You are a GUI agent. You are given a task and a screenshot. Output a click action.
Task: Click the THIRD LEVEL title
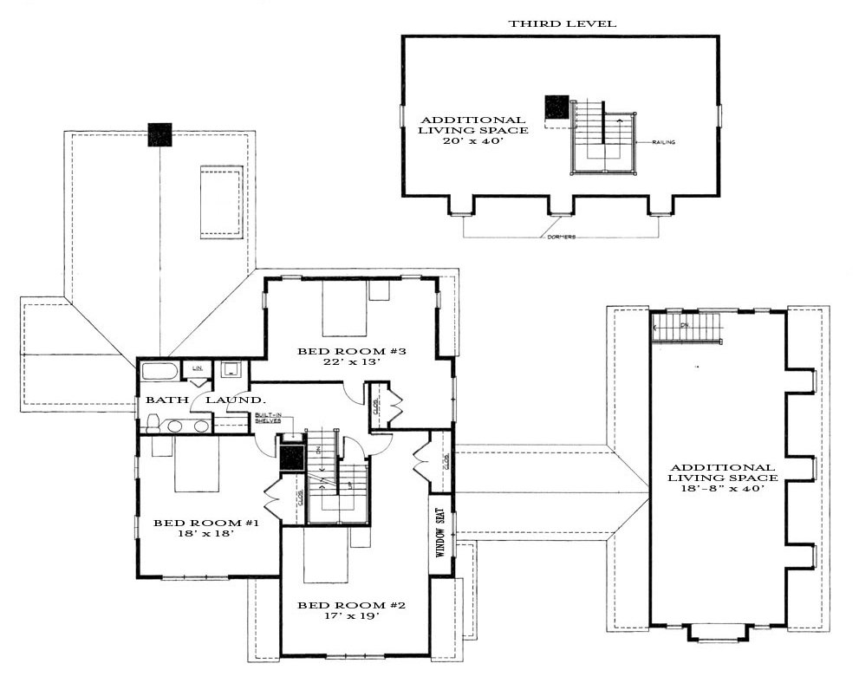point(563,23)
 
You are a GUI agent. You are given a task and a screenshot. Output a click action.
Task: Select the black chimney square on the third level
point(556,107)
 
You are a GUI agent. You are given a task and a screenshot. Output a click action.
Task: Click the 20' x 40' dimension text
point(472,142)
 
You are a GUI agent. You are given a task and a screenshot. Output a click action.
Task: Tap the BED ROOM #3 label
point(340,351)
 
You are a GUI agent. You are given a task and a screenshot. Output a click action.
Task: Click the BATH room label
point(161,400)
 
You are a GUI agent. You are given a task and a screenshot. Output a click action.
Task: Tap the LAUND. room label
point(233,400)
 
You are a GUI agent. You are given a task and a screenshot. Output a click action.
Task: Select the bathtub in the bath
point(159,374)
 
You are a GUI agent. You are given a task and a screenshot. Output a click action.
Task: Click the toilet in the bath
point(153,423)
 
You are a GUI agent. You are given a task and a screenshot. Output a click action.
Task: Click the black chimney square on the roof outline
point(159,134)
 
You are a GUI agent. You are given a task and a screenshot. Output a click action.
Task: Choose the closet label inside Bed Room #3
point(375,407)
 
